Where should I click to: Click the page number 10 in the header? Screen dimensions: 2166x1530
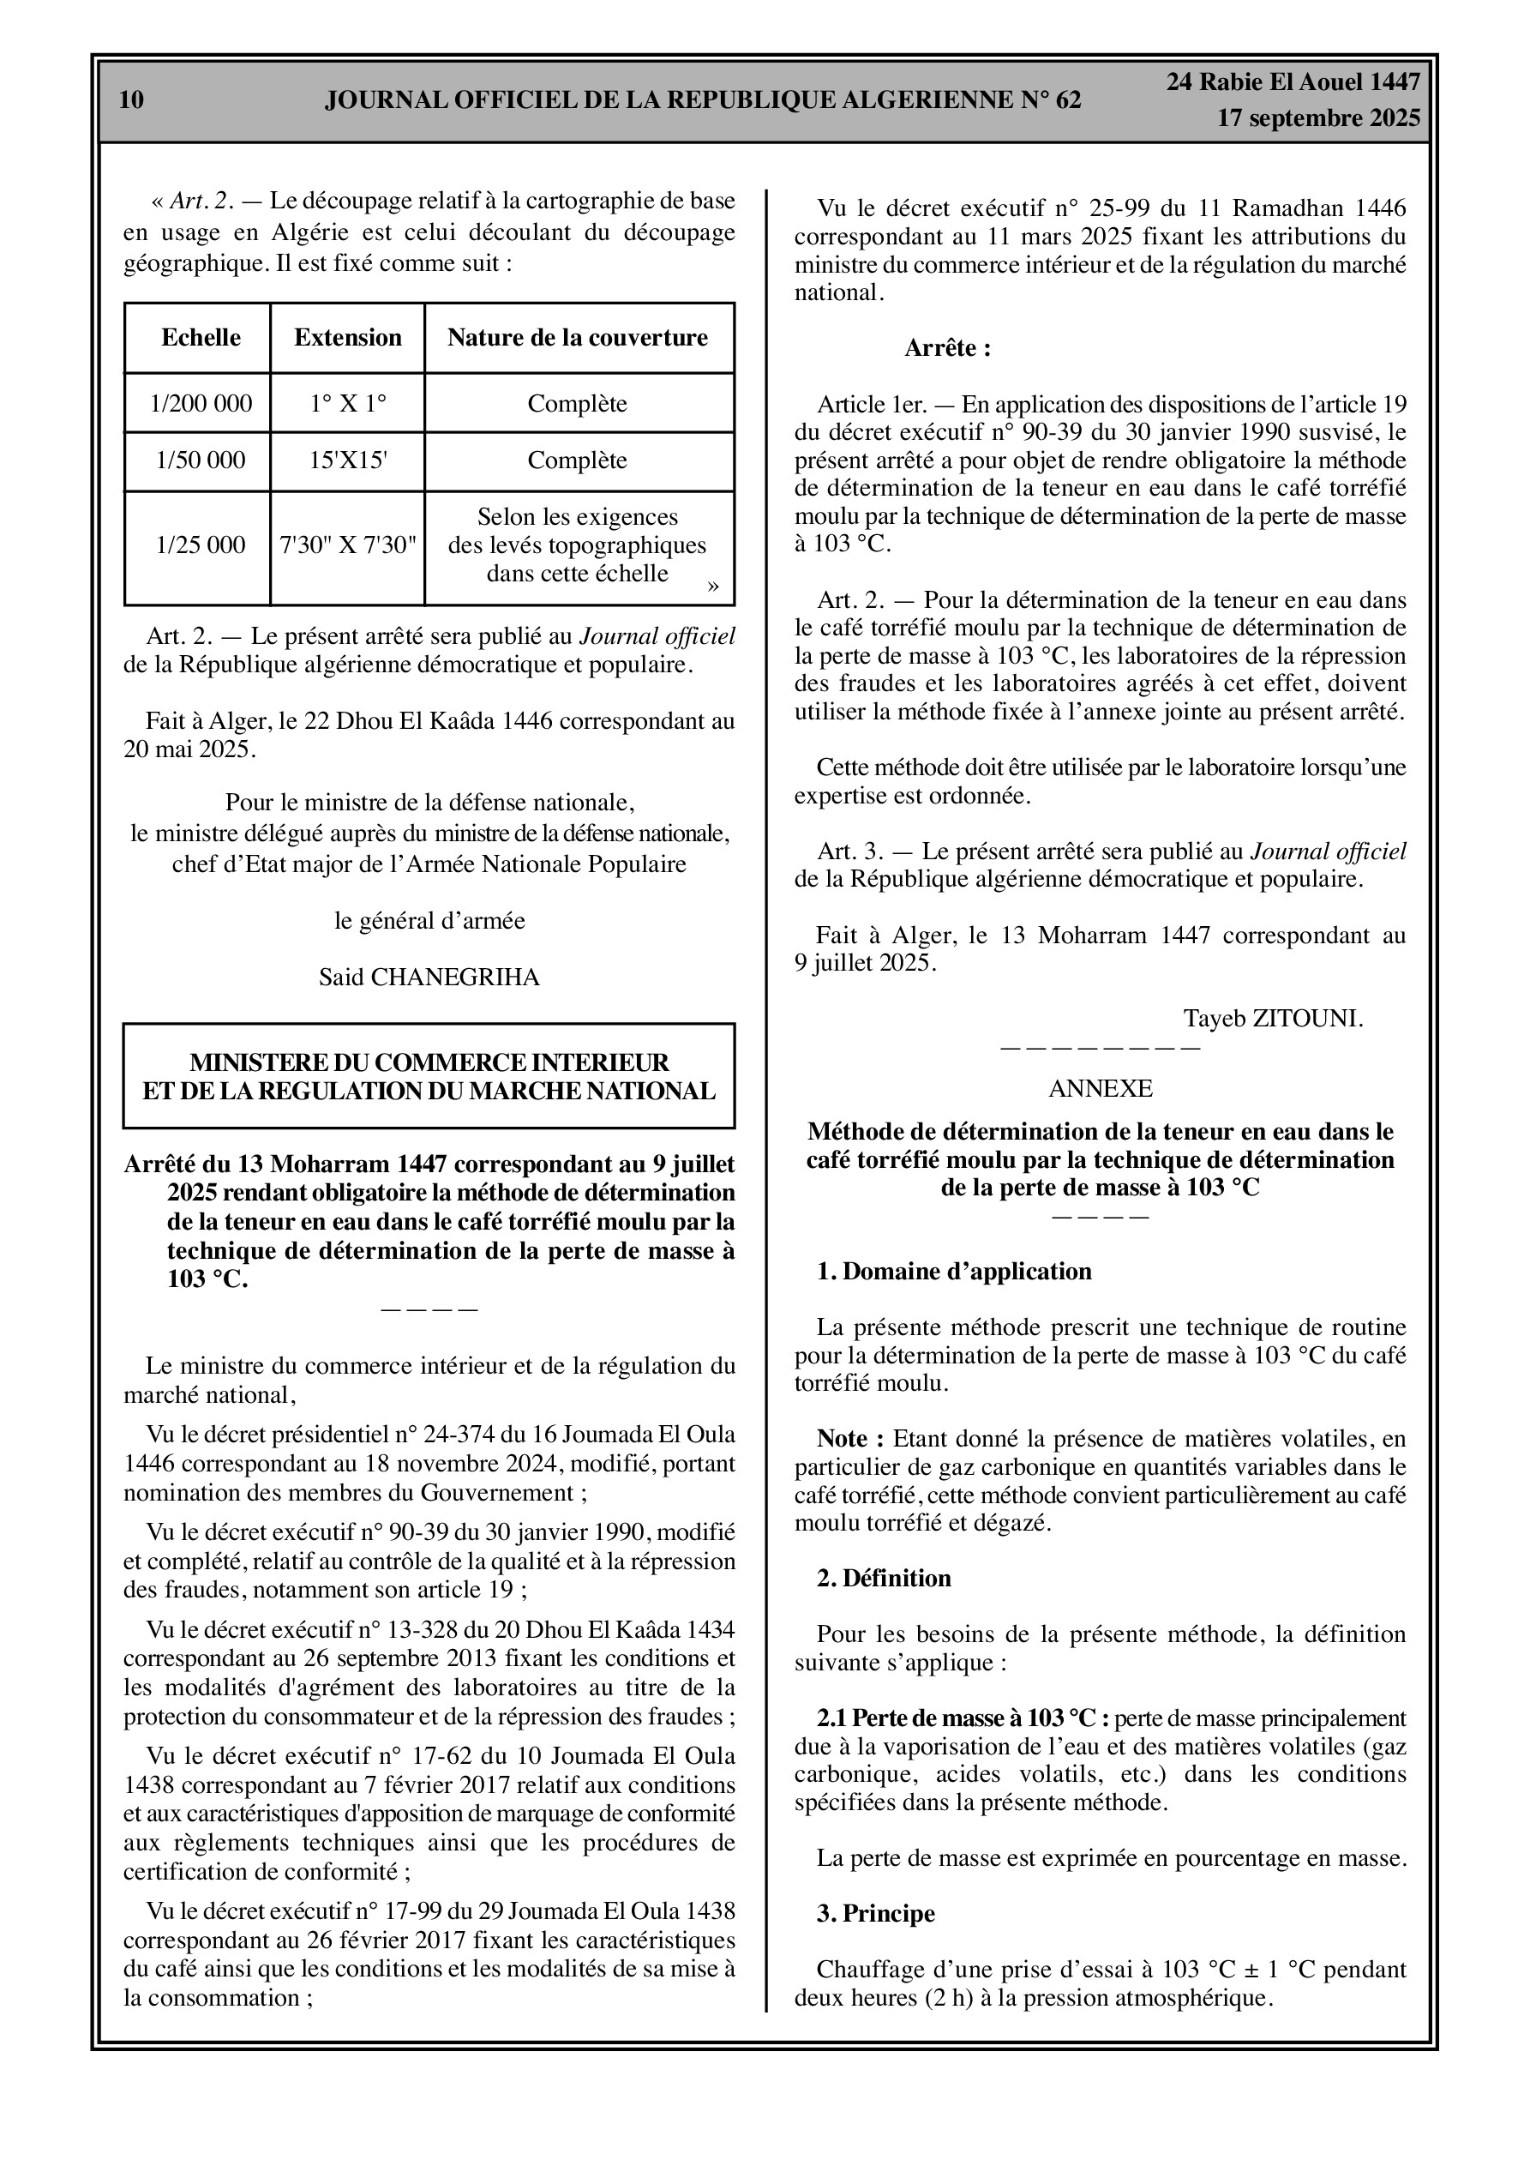coord(132,100)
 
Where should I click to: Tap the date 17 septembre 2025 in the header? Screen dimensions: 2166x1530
coord(1317,119)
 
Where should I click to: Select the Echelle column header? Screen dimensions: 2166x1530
coord(201,338)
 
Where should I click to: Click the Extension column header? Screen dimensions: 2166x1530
coord(347,338)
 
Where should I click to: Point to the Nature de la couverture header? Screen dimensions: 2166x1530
coord(578,338)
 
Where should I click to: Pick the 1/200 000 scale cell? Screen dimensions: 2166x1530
coord(201,404)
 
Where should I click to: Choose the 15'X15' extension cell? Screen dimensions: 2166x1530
coord(347,460)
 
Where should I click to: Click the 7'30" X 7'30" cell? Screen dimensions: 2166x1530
coord(347,545)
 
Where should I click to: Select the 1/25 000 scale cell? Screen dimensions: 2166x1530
coord(201,545)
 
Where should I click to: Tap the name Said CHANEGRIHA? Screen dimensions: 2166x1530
coord(429,978)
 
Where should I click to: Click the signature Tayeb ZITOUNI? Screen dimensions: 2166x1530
coord(1274,1019)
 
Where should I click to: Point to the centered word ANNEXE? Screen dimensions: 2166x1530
coord(1100,1089)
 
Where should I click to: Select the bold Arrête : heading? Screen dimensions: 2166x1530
coord(947,348)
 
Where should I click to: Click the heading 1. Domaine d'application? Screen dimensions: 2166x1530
coord(954,1272)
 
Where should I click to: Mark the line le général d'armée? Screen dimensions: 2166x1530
coord(429,921)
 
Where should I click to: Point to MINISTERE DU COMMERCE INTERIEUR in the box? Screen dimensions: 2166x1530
coord(429,1062)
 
